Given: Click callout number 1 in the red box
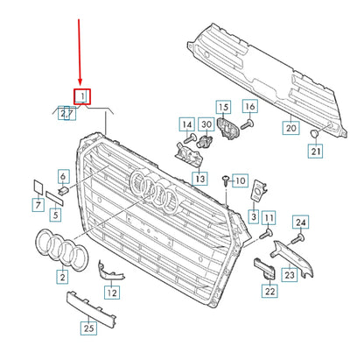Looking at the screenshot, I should [81, 95].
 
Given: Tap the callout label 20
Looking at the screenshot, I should [291, 128].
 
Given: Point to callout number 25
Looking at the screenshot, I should [87, 328].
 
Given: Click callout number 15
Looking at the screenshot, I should [221, 107].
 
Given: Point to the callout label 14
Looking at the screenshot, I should [187, 124].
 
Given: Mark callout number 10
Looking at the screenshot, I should [241, 179].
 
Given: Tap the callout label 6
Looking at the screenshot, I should [63, 176].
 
